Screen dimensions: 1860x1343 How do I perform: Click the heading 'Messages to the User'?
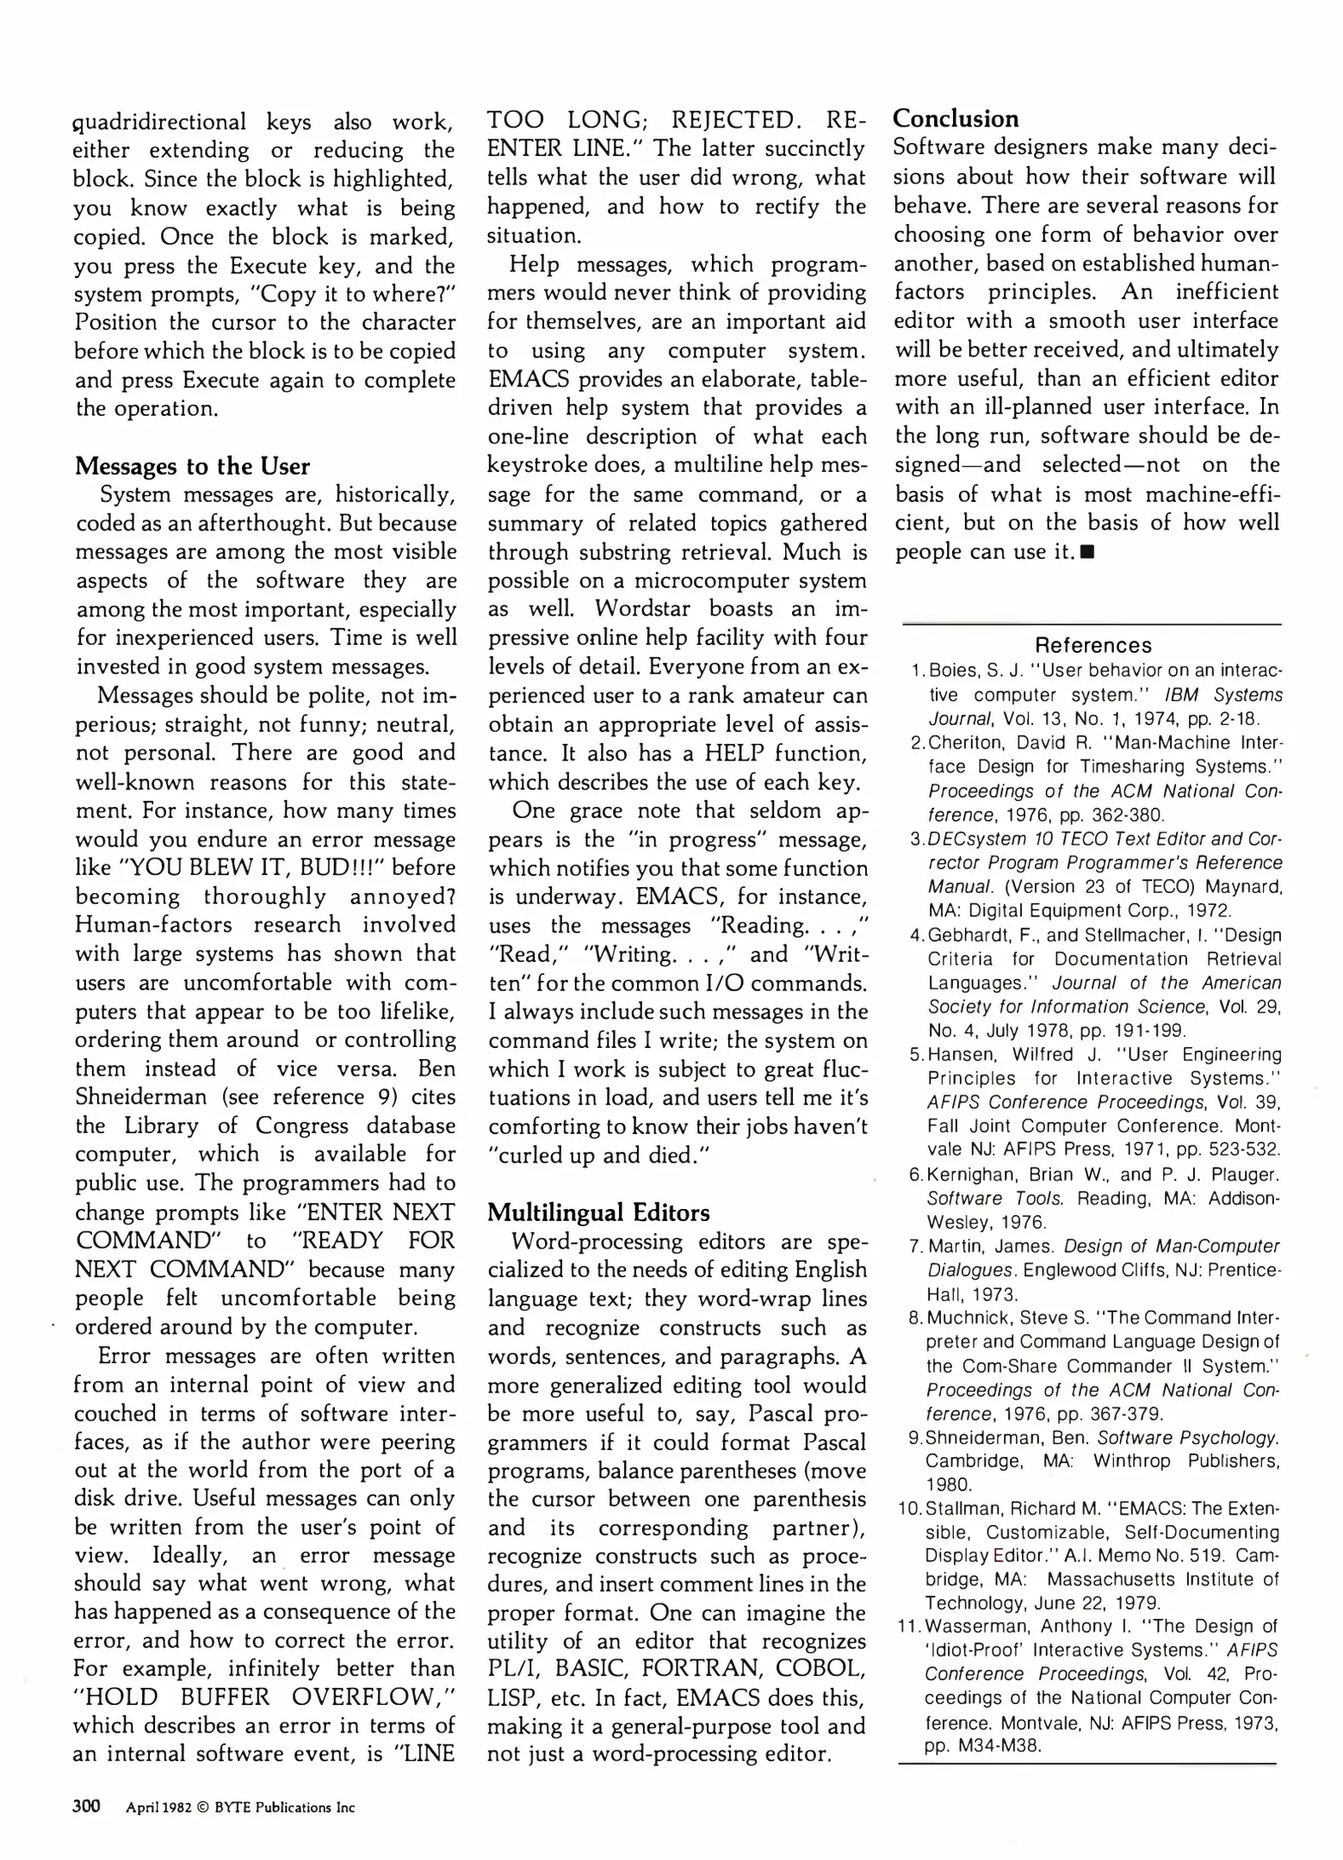[192, 466]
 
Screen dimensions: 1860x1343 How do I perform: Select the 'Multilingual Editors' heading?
[598, 1212]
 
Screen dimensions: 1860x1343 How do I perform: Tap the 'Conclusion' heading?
[956, 119]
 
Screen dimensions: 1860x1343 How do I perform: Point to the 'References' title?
[1092, 645]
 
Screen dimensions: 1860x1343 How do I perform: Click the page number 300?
[86, 1806]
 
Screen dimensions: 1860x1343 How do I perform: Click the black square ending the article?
[1088, 552]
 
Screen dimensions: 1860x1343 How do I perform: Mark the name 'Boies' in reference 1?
[951, 671]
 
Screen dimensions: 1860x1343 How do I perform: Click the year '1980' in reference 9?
[949, 1485]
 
